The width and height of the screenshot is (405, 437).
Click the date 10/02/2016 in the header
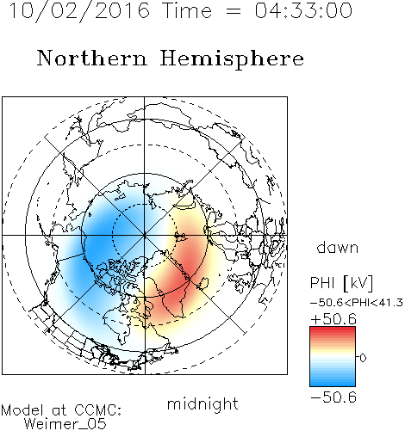(79, 11)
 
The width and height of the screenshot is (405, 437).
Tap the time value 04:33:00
(303, 10)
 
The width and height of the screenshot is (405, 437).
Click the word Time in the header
(187, 10)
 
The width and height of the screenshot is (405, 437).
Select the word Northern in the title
(92, 58)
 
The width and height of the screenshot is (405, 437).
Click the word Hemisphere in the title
(232, 59)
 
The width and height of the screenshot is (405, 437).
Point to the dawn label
(338, 247)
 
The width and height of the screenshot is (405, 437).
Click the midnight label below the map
(202, 404)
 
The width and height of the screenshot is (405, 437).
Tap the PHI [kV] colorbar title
(341, 283)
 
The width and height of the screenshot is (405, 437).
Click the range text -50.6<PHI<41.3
(357, 303)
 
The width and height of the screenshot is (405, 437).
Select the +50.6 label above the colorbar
(333, 319)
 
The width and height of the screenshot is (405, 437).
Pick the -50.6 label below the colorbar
(333, 397)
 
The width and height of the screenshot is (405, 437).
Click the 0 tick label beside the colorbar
(363, 358)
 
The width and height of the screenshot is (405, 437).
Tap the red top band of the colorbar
(333, 330)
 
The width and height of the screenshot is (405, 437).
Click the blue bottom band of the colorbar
(333, 383)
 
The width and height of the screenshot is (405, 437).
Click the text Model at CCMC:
(61, 410)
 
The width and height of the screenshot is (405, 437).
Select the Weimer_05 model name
(65, 424)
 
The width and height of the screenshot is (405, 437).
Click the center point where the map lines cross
(145, 235)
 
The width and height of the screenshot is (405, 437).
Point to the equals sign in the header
(234, 11)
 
